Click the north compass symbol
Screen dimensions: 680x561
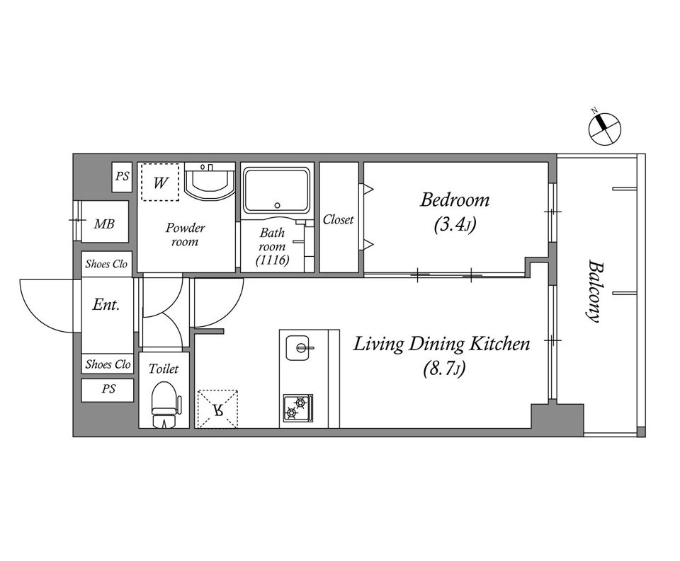pos(604,128)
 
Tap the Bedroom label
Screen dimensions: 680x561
pos(455,200)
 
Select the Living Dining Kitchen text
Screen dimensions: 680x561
pos(441,344)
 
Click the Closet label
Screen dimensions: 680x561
pos(339,219)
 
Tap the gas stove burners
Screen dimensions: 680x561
pos(298,408)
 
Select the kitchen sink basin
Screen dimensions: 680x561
pos(297,348)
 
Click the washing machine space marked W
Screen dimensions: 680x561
pos(160,183)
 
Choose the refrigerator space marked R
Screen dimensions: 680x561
pos(217,409)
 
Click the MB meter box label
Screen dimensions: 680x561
pos(105,224)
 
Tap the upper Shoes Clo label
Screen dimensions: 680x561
pos(106,264)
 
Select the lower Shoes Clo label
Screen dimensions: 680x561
pos(108,364)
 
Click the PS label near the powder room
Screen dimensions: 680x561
pos(123,176)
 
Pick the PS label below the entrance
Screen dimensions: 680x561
pos(108,389)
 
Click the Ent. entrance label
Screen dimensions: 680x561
pos(106,304)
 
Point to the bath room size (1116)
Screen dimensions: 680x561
pos(272,260)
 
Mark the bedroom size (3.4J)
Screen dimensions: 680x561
pos(455,225)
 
